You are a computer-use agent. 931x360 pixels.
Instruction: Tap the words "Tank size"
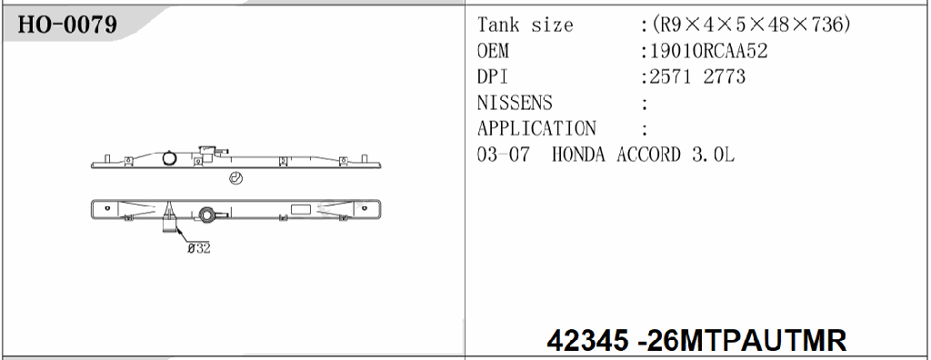tap(525, 25)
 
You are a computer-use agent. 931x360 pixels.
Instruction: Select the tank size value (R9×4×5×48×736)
tap(747, 25)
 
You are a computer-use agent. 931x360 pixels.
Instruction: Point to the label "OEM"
tap(493, 51)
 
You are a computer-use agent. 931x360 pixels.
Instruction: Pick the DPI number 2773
tap(724, 76)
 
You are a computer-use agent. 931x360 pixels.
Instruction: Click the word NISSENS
tap(514, 103)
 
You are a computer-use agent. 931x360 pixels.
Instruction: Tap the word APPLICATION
tap(536, 128)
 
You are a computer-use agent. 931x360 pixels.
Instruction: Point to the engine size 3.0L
tap(711, 155)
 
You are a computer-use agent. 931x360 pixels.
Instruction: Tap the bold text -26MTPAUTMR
tap(744, 341)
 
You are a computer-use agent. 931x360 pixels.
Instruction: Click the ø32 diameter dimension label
tap(197, 248)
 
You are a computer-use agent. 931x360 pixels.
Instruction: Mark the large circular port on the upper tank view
tap(169, 158)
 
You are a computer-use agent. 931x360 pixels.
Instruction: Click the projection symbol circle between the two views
tap(236, 178)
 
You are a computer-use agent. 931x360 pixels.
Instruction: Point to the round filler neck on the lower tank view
tap(208, 215)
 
